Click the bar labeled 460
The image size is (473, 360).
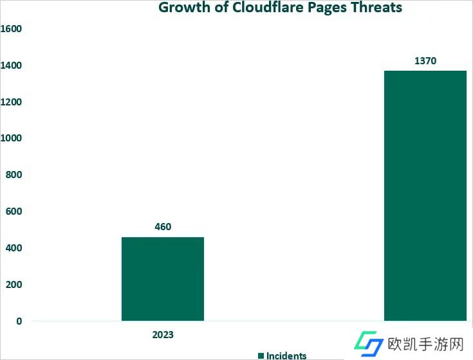tap(162, 278)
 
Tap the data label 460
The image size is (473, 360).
tap(163, 226)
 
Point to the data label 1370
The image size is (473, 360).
tap(425, 61)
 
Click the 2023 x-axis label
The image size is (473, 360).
tap(163, 335)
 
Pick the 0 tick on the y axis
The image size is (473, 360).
tap(19, 321)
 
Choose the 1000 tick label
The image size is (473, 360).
tap(11, 138)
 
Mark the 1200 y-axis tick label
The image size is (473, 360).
tap(11, 102)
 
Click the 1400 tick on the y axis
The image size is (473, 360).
tap(11, 66)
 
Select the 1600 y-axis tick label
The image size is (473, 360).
tap(11, 29)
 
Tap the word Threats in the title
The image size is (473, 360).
tap(378, 8)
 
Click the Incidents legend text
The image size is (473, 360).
tap(286, 355)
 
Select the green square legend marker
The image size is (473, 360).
tap(261, 355)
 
